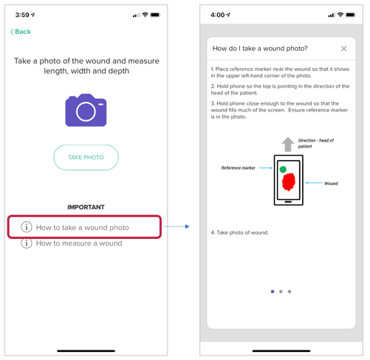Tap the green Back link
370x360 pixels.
21,32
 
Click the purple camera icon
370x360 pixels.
86,110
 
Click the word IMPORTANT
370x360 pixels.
86,207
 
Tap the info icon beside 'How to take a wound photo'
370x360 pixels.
27,226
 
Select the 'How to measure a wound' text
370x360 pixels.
79,243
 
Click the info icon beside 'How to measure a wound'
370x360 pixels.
27,243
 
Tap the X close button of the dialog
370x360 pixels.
344,49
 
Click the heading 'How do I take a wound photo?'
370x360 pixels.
260,49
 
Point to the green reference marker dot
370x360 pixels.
283,169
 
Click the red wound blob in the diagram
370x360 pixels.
288,181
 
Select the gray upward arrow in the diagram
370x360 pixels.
288,144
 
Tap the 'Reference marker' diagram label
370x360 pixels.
238,168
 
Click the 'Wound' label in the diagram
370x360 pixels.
331,184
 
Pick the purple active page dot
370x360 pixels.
273,291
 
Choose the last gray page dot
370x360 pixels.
290,291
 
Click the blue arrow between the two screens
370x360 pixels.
177,226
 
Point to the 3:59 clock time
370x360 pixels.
22,15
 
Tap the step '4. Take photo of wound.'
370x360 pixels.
239,232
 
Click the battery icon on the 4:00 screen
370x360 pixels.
351,15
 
